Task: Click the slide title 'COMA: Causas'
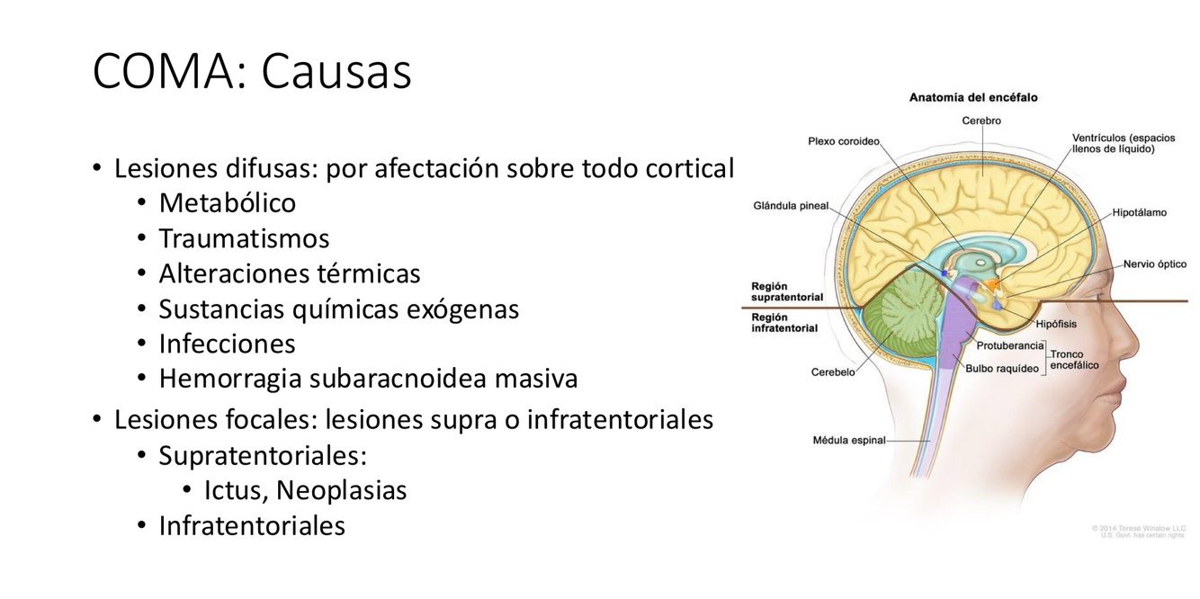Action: (252, 71)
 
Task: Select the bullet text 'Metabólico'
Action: (227, 203)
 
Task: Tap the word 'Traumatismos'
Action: (244, 238)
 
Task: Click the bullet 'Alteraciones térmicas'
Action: (289, 273)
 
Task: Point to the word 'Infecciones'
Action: (227, 344)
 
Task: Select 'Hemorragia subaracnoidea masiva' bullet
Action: (368, 379)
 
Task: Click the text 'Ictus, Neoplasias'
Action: (305, 490)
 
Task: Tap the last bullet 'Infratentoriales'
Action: (252, 525)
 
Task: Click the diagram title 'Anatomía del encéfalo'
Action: (973, 97)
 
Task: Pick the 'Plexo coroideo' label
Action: (843, 141)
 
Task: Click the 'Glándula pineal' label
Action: (791, 206)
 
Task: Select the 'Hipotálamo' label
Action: (1139, 213)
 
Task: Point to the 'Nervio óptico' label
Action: (1154, 264)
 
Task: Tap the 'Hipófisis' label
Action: (1055, 324)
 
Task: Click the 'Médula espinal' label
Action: (848, 441)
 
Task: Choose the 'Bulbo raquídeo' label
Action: (1002, 368)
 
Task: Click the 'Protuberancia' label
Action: (1009, 345)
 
